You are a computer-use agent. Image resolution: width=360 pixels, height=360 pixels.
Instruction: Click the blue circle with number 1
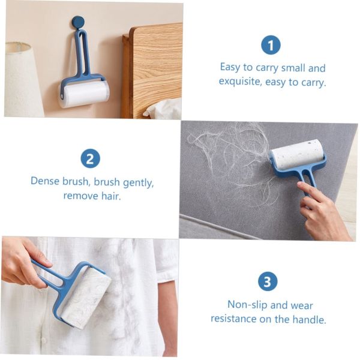(x=271, y=45)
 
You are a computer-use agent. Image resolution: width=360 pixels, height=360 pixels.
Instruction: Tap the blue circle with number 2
(x=90, y=158)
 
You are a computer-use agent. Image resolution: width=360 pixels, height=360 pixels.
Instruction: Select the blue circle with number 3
(x=268, y=281)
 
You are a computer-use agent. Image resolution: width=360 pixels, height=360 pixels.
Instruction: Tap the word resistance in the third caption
(x=235, y=319)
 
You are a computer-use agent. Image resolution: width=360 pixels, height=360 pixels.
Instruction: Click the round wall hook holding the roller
(x=78, y=22)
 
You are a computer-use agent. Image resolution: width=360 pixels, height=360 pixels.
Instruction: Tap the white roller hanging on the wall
(x=84, y=94)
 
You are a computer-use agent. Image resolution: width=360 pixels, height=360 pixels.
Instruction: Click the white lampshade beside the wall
(x=23, y=79)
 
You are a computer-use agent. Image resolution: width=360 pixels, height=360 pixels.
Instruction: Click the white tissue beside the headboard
(x=163, y=109)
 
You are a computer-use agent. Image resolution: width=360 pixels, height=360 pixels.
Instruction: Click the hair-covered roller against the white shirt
(x=86, y=299)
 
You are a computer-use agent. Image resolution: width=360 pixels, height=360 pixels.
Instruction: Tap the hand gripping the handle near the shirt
(x=24, y=261)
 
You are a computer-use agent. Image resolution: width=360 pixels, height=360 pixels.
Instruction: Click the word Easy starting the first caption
(x=231, y=67)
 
